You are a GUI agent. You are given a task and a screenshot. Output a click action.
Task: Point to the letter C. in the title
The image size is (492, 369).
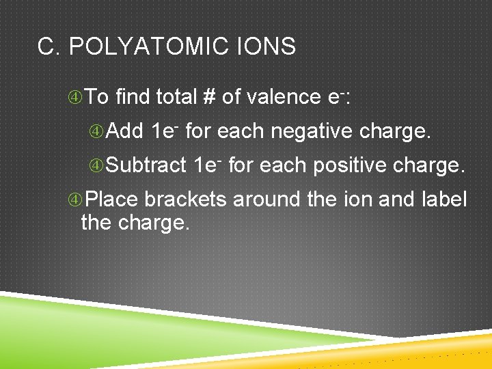(50, 46)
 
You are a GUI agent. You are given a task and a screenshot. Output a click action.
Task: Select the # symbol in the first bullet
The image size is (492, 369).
(209, 97)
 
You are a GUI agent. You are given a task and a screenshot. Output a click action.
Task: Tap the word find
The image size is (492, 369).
(133, 97)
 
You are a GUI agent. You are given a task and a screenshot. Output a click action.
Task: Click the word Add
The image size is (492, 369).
(125, 131)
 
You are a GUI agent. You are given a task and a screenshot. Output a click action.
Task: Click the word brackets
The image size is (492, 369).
(186, 200)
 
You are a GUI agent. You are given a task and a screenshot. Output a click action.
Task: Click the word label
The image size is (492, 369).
(446, 200)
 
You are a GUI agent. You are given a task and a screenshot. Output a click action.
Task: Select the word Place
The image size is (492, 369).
(112, 200)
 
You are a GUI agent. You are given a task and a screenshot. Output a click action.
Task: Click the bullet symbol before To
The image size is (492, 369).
(76, 98)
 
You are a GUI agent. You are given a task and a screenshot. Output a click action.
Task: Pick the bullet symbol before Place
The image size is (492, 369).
(76, 200)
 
